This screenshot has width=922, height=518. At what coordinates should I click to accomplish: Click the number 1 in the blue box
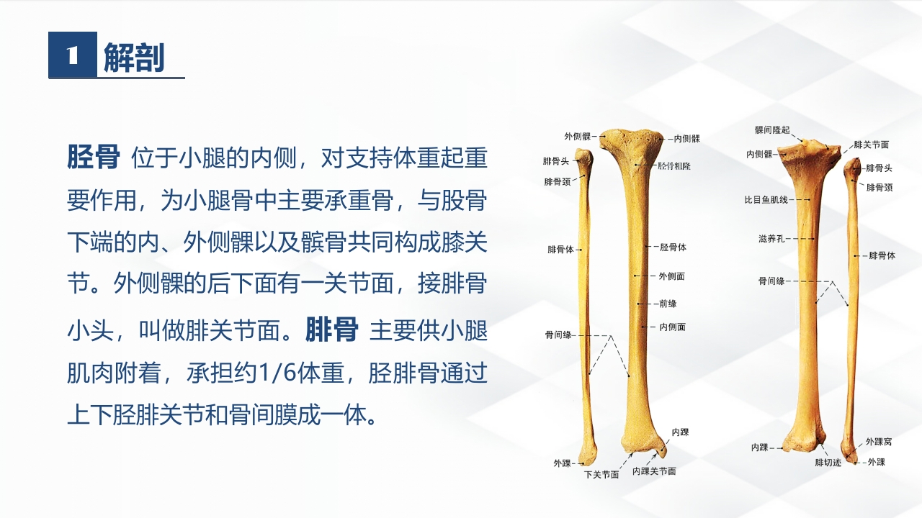[72, 56]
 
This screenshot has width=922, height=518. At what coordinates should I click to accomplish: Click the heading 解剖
[134, 58]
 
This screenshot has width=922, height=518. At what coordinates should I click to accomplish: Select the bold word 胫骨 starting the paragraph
[93, 157]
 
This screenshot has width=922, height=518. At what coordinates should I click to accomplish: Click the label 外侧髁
[578, 136]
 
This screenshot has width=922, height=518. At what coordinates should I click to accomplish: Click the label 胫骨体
[673, 247]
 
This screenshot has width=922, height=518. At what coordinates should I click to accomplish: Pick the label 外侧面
[671, 276]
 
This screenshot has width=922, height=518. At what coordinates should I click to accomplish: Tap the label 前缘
[668, 304]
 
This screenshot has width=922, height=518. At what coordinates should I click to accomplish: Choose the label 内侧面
[672, 327]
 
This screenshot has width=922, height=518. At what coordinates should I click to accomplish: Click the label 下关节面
[601, 475]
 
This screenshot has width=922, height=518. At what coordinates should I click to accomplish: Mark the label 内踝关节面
[654, 471]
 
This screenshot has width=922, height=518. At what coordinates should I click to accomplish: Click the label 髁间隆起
[772, 130]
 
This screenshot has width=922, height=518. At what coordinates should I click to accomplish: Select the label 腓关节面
[871, 145]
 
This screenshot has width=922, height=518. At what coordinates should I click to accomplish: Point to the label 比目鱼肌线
[766, 199]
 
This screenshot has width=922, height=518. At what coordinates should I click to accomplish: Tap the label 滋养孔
[771, 238]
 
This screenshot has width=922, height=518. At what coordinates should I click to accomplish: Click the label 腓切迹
[828, 463]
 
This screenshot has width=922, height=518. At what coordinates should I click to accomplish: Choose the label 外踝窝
[879, 442]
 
